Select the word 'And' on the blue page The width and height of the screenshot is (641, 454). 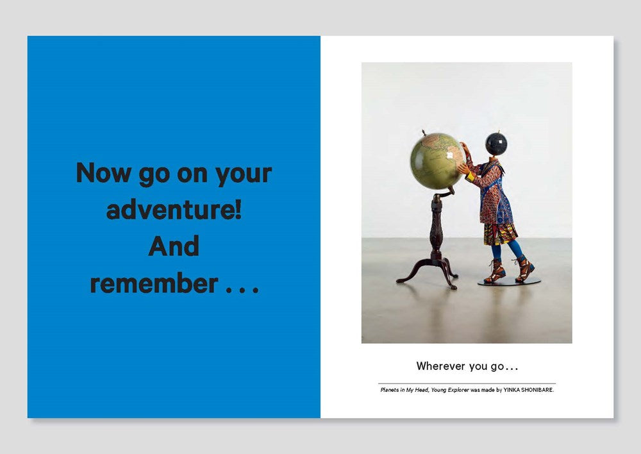coord(174,246)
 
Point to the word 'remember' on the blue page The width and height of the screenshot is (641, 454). coord(154,283)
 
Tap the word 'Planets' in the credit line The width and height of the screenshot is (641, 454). coord(389,390)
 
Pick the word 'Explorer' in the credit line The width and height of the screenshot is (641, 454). coord(458,390)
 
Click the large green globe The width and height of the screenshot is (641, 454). coord(437,161)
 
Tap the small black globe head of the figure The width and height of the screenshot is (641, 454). coord(496,144)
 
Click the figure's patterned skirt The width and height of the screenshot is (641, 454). coord(501,234)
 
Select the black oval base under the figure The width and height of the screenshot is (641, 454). coord(510,282)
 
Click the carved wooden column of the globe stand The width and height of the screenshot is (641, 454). coord(437,226)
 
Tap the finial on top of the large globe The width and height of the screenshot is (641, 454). coord(424,132)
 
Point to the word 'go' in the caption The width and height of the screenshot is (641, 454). coord(497,367)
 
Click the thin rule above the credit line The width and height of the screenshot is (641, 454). coord(467,383)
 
